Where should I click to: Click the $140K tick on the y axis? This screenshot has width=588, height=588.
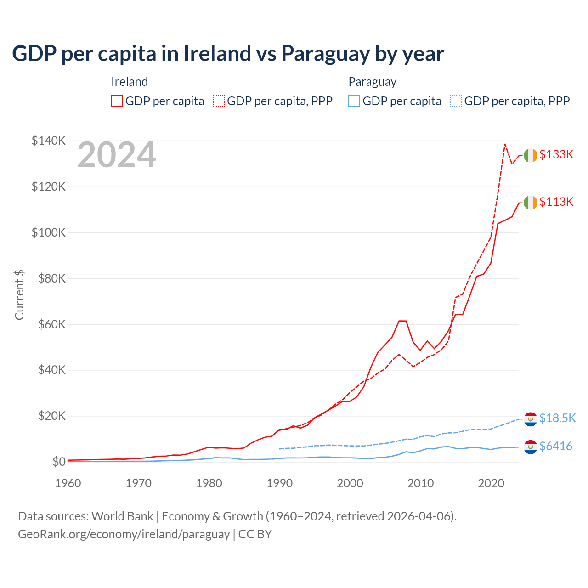pos(49,141)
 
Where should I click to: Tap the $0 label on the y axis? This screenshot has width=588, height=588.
pos(59,462)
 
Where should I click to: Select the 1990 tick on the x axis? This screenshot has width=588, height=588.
pos(279,483)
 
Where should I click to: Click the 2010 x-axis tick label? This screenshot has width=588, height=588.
pos(420,483)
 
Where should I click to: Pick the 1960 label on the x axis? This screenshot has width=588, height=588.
pos(68,483)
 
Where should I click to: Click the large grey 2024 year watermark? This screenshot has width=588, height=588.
pos(117,155)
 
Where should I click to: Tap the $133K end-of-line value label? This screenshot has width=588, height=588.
pos(556,154)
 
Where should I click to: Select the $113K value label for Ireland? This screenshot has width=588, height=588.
pos(556,202)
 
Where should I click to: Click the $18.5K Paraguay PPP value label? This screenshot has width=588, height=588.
pos(557,418)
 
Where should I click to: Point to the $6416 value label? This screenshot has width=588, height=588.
pos(556,446)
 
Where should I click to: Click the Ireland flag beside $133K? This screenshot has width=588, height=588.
pos(531,155)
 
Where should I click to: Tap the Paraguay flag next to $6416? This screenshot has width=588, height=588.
pos(531,447)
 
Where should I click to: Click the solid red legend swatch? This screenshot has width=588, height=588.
pos(117,101)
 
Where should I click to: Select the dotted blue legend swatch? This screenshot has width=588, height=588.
pos(456,101)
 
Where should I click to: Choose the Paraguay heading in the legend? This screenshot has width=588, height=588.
pos(373,82)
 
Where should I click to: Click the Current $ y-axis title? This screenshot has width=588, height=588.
pos(19,295)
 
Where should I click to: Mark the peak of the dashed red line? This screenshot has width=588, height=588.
pos(505,144)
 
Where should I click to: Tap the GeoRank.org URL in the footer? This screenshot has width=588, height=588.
pos(124,534)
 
